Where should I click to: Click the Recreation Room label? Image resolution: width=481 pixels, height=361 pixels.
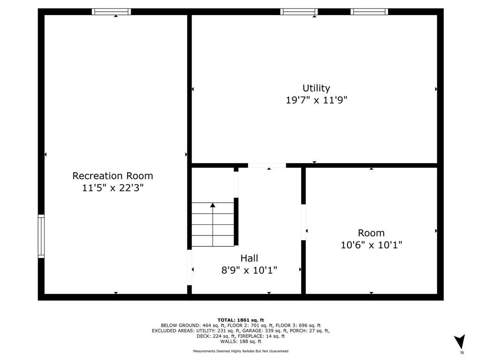click(113, 176)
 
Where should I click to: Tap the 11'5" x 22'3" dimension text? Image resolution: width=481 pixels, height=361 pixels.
click(113, 188)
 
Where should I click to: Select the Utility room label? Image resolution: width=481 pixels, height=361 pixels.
click(316, 88)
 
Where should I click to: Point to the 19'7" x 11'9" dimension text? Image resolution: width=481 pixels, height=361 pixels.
click(316, 100)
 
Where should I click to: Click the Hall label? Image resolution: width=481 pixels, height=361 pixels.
click(249, 258)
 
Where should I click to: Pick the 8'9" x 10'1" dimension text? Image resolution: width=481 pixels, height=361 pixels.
click(249, 270)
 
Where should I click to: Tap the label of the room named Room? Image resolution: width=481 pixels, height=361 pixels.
click(371, 233)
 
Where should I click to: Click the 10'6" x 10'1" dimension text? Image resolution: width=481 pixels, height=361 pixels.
click(371, 245)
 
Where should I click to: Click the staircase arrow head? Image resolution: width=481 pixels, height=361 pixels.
click(213, 205)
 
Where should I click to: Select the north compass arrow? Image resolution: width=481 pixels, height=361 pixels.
click(460, 341)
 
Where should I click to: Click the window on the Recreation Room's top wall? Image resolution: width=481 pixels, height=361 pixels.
click(111, 12)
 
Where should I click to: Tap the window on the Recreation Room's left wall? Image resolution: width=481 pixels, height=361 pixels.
click(41, 236)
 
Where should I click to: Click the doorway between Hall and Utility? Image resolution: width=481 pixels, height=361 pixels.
click(267, 165)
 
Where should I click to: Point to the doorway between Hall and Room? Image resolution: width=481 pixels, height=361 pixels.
click(303, 222)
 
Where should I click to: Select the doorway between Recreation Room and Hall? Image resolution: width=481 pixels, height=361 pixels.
click(190, 267)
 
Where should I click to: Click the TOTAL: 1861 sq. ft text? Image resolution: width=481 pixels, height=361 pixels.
click(240, 320)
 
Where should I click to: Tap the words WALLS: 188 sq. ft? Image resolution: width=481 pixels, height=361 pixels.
click(240, 341)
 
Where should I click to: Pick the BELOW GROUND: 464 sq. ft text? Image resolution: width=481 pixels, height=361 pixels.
click(193, 325)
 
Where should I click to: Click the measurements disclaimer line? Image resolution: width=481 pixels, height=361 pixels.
click(240, 351)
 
